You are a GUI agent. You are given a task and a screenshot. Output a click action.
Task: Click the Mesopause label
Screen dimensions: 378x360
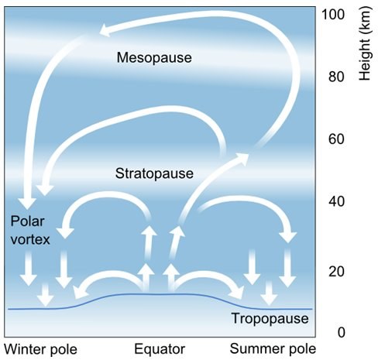(154, 57)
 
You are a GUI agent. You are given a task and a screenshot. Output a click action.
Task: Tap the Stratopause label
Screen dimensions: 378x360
(154, 173)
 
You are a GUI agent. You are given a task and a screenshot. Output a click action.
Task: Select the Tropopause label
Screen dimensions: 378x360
(270, 318)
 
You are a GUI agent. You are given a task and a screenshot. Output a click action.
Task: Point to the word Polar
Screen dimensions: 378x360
(27, 221)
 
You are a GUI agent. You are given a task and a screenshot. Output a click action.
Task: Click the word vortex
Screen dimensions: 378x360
(30, 239)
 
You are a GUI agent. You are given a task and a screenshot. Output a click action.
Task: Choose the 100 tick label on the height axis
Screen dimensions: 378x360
(333, 15)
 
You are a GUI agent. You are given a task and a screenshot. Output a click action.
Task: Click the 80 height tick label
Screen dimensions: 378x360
(336, 77)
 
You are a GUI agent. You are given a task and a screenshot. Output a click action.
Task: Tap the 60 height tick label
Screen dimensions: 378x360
(336, 139)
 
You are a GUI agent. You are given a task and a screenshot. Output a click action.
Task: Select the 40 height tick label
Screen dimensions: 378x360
(336, 201)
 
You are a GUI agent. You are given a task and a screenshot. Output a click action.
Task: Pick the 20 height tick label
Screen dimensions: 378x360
(336, 272)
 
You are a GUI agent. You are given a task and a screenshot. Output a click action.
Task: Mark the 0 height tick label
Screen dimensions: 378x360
(341, 332)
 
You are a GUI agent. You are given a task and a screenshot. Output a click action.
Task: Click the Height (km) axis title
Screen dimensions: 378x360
(366, 43)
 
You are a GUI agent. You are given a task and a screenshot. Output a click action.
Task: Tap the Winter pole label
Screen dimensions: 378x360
(40, 349)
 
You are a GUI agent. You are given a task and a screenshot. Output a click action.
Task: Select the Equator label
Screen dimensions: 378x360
(160, 349)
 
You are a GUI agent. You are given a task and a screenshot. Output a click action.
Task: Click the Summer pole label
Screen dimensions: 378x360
(273, 349)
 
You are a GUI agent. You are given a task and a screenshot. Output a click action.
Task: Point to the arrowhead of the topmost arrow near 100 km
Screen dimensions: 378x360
(106, 29)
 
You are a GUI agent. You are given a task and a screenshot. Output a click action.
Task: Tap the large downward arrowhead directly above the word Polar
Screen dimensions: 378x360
(27, 203)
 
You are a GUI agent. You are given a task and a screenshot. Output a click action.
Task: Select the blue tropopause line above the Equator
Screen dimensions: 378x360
(160, 294)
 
